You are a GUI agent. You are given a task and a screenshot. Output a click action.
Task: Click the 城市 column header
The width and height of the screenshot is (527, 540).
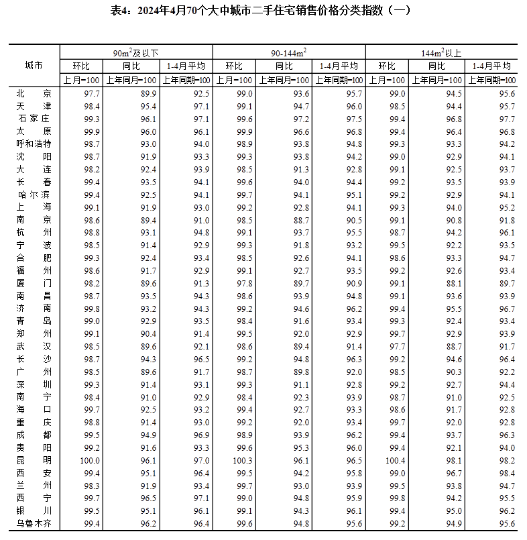[34, 66]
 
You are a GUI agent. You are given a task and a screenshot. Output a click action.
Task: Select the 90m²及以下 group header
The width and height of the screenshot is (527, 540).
[136, 52]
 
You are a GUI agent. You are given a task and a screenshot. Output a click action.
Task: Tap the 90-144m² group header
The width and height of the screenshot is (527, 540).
[289, 52]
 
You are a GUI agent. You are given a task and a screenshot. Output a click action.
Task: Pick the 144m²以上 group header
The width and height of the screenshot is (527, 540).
[441, 52]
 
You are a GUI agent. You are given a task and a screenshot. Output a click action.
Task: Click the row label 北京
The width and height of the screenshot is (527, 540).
[34, 94]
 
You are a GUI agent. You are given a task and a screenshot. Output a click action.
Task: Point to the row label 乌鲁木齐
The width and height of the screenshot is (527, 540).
[34, 524]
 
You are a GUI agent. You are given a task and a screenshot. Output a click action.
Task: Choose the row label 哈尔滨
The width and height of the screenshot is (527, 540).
[34, 195]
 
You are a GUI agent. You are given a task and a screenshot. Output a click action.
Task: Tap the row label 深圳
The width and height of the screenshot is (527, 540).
[34, 384]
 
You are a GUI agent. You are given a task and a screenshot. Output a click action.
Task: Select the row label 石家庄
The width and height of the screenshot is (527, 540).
[34, 119]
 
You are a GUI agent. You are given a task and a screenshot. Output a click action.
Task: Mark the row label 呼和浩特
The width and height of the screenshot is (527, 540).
[34, 144]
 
